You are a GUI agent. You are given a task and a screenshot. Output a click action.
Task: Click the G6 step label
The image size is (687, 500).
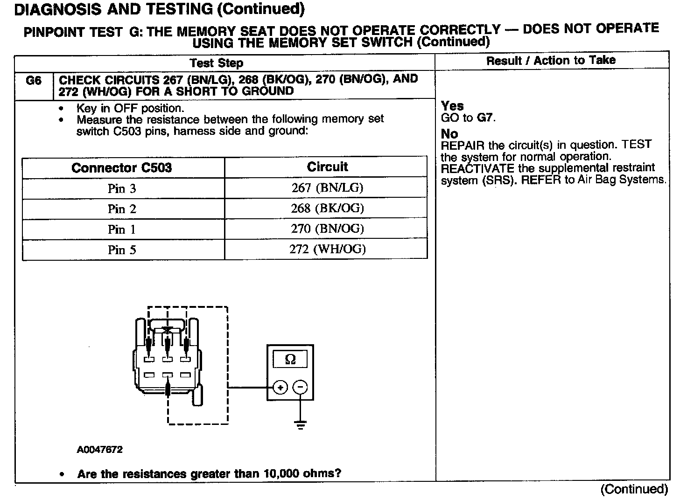(34, 81)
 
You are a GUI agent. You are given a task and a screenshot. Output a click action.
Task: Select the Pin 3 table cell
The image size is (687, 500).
(122, 188)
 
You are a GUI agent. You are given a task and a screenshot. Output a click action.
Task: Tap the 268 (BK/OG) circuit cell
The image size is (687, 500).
(327, 208)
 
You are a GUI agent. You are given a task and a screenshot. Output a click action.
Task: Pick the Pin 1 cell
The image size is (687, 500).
(122, 229)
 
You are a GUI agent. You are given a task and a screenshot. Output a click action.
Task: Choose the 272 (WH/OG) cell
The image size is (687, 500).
(327, 249)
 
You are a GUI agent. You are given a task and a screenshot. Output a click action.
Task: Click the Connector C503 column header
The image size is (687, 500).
(122, 168)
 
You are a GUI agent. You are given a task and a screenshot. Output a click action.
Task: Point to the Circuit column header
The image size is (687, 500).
(327, 167)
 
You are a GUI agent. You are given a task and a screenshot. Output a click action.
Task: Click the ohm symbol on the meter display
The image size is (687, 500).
(290, 359)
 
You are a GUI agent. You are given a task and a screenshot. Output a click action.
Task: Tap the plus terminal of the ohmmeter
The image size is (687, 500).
(280, 387)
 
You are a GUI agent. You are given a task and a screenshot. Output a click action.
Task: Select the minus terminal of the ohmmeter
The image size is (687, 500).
(301, 387)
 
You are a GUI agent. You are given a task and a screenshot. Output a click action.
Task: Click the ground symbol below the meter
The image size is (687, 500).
(301, 424)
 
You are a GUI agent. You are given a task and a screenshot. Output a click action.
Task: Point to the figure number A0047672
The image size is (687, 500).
(100, 450)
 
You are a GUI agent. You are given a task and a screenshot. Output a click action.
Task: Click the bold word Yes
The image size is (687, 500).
(452, 106)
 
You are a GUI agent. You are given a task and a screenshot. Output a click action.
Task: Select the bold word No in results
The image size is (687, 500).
(449, 134)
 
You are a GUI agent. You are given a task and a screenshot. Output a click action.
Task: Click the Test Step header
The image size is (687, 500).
(217, 63)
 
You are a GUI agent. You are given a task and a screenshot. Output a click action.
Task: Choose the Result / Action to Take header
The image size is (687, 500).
(551, 60)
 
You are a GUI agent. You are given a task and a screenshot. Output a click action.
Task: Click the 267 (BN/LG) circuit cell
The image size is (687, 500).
(327, 187)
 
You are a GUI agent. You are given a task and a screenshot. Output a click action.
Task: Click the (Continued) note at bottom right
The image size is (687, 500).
(634, 489)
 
